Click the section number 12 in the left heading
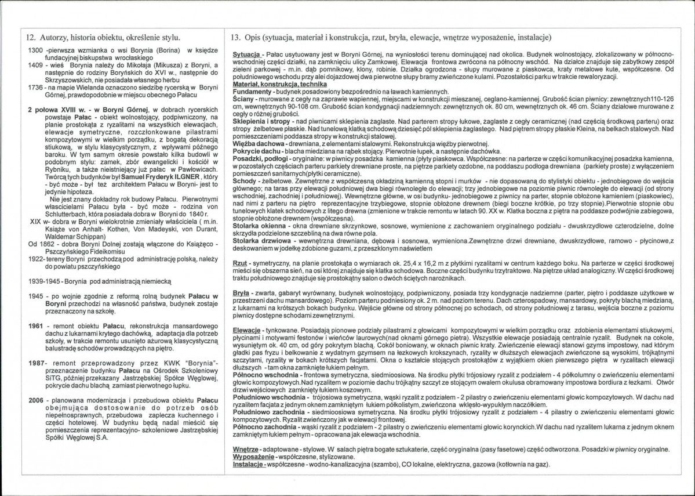(31, 37)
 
